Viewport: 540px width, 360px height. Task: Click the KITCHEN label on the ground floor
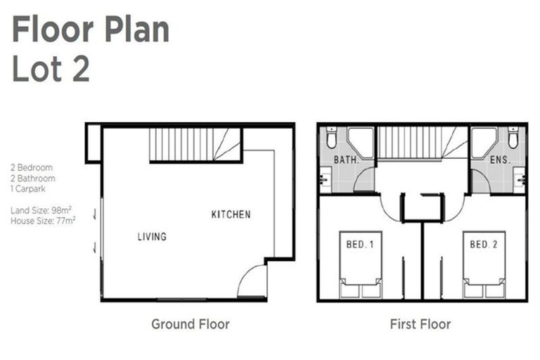coord(231,214)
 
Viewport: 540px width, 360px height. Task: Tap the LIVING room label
coord(152,237)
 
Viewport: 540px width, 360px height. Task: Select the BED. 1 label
coord(360,245)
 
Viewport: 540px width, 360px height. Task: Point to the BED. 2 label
coord(484,245)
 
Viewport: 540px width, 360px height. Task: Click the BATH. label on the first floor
coord(347,160)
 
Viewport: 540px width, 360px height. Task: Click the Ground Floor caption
coord(190,324)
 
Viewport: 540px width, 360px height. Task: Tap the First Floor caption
coord(420,324)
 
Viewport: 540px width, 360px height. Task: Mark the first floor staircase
coord(422,143)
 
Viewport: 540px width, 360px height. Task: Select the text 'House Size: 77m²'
coord(43,221)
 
